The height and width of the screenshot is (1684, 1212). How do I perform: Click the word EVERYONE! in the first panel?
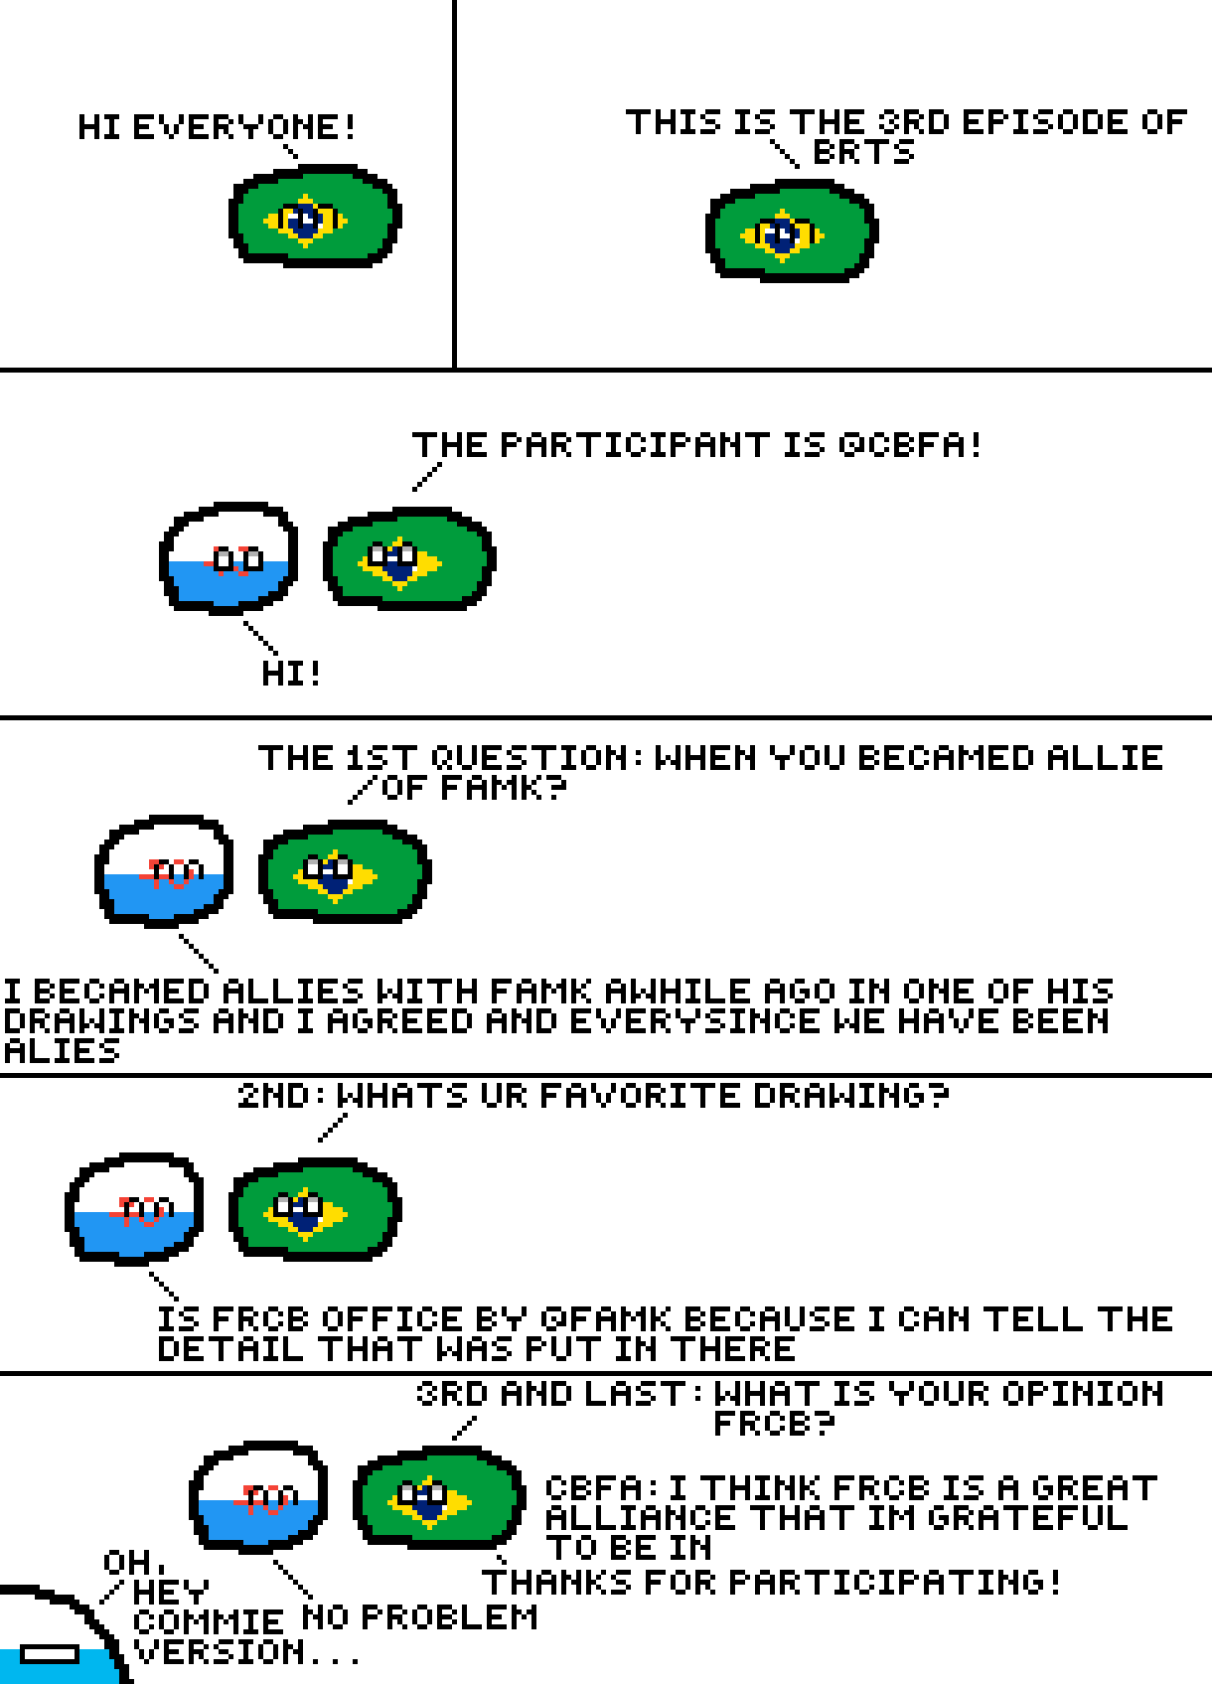tap(243, 127)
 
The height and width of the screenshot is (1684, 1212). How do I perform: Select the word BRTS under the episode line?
tap(863, 153)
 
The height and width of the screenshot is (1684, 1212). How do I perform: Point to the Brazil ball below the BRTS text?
tap(792, 231)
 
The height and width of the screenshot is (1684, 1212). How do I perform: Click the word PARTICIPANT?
tap(635, 445)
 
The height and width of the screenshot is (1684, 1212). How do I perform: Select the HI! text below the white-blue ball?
tap(291, 674)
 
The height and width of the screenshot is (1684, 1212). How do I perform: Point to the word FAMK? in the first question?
tap(503, 788)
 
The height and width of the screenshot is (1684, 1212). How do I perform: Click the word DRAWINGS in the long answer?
tap(101, 1021)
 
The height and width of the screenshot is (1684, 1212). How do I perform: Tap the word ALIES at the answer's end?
tap(62, 1051)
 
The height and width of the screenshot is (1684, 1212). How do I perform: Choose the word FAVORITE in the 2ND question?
tap(640, 1096)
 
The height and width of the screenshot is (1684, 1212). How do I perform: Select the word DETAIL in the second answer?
tap(230, 1349)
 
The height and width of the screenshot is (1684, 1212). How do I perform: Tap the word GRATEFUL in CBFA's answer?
tap(1028, 1518)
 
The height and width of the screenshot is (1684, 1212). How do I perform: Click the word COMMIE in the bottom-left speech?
tap(209, 1621)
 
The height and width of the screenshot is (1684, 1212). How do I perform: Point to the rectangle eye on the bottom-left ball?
tap(50, 1654)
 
